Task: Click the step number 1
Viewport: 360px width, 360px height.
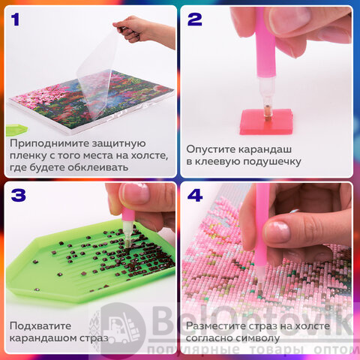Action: click(x=15, y=19)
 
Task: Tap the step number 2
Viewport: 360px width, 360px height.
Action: click(x=195, y=19)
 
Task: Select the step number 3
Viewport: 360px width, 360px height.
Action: click(x=19, y=195)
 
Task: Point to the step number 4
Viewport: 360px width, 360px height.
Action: click(x=195, y=195)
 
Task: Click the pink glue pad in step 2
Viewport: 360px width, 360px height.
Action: click(x=266, y=121)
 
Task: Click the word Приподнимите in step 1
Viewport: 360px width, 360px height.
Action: click(x=49, y=144)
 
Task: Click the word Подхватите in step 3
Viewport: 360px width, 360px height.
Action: click(x=40, y=326)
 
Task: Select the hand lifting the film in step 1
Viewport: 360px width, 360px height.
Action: click(x=144, y=31)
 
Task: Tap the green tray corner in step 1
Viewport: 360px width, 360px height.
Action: click(x=16, y=130)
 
